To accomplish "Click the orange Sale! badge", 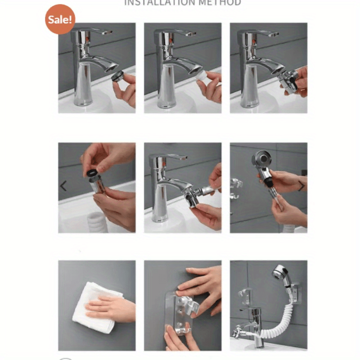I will pos(60,19).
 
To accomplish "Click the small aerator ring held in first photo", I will pos(117,76).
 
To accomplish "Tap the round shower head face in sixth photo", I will pos(261,158).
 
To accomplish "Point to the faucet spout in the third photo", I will pos(270,64).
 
